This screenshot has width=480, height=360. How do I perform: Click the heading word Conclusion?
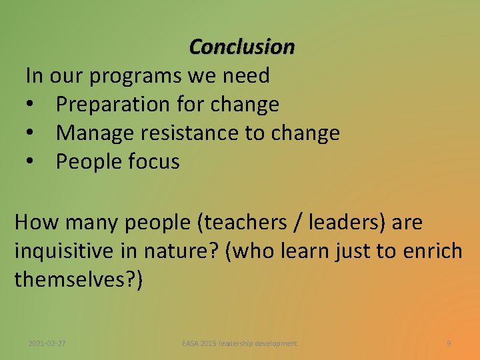click(x=241, y=47)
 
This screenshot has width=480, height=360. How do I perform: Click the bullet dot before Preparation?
click(x=31, y=105)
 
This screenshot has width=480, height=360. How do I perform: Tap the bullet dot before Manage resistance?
click(x=31, y=134)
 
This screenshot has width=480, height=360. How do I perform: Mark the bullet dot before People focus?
click(x=31, y=163)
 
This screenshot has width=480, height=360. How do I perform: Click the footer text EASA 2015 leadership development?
click(x=240, y=343)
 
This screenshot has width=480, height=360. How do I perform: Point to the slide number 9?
click(x=449, y=343)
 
